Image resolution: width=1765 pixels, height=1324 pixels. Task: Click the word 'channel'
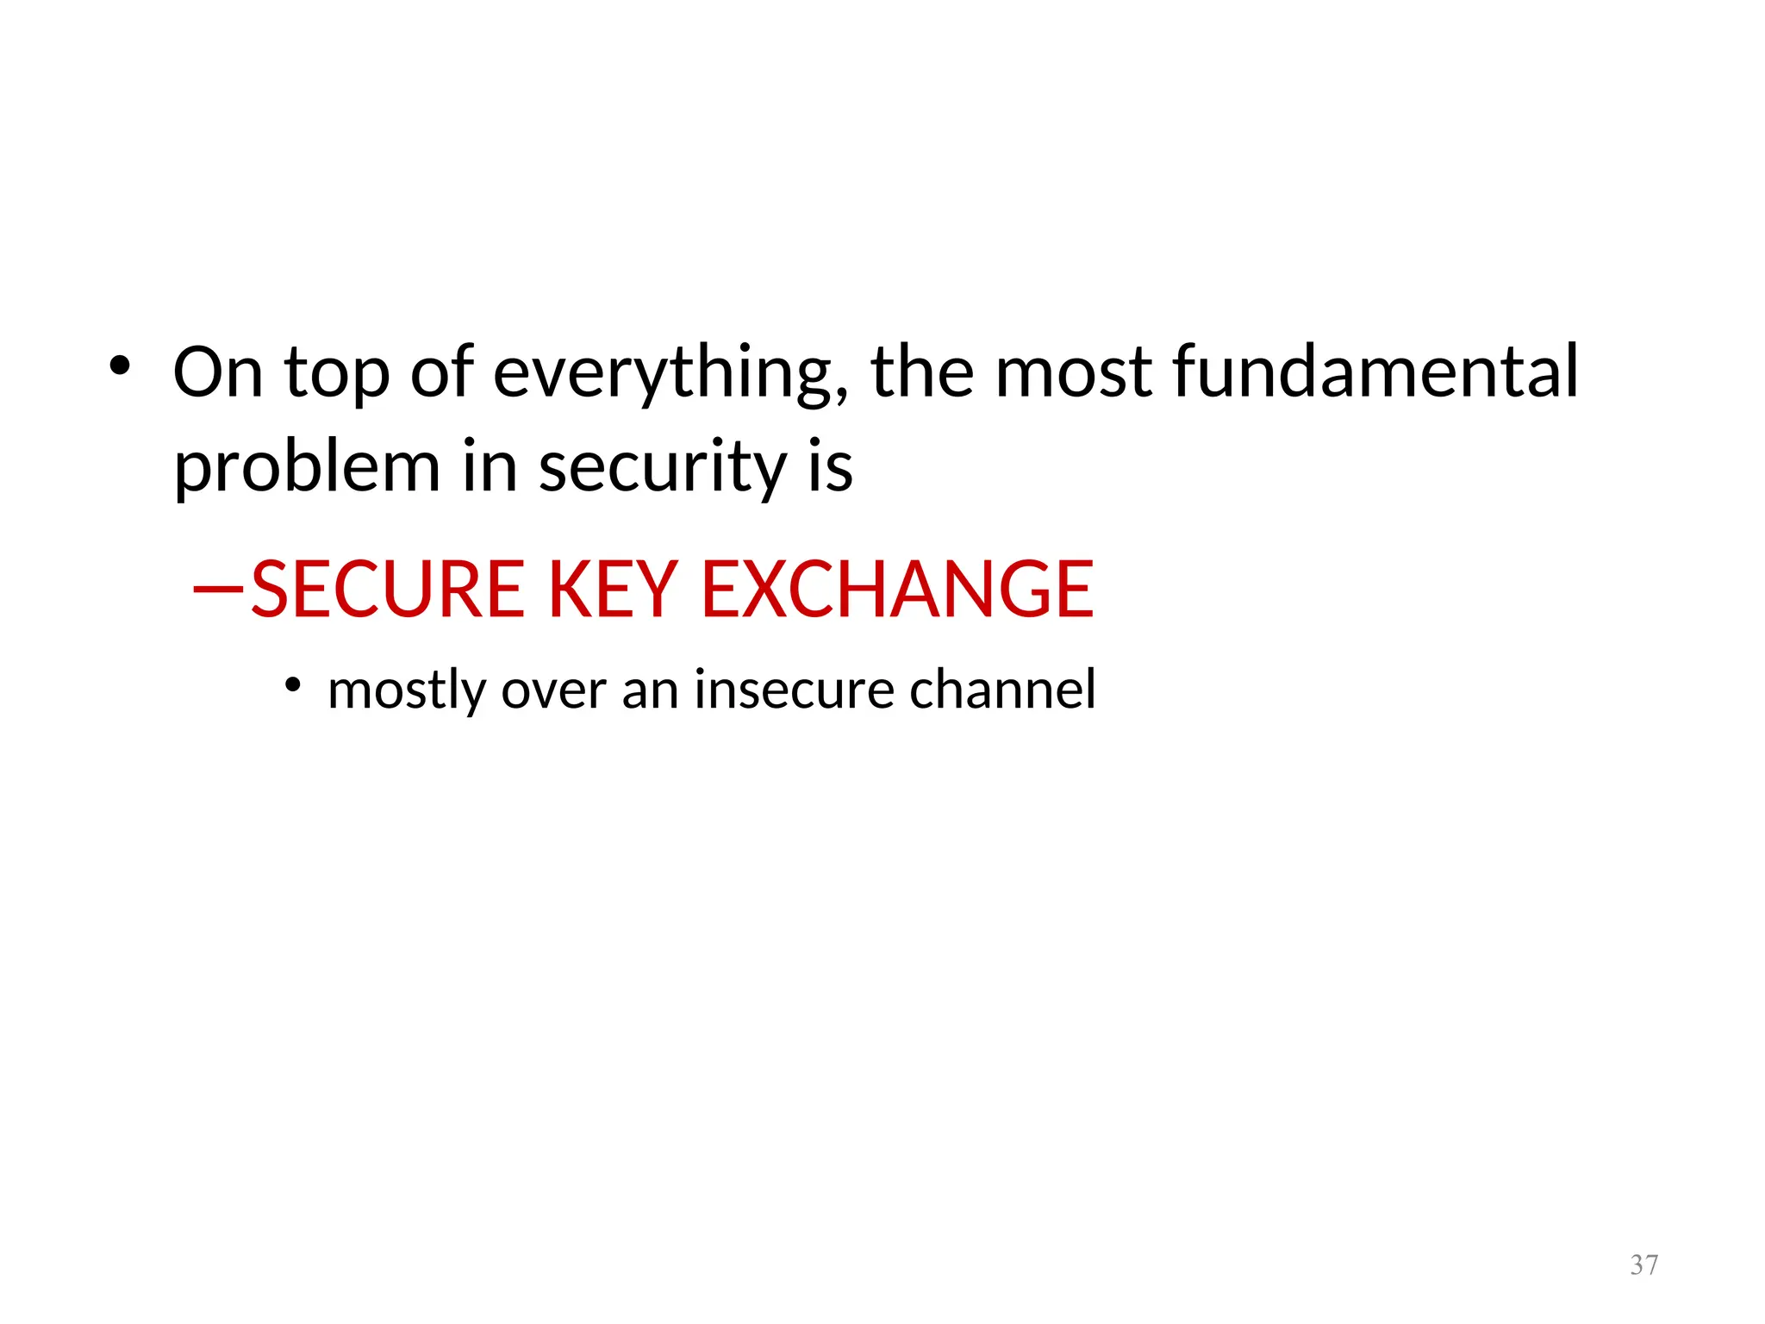click(1002, 690)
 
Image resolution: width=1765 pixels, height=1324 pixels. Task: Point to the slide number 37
click(1643, 1265)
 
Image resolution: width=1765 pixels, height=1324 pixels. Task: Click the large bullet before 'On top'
click(120, 366)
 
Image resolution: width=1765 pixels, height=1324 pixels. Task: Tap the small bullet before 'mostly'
click(293, 685)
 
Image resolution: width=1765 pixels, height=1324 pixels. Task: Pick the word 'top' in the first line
click(337, 376)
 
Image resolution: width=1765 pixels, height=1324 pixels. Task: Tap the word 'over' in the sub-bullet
click(553, 690)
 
